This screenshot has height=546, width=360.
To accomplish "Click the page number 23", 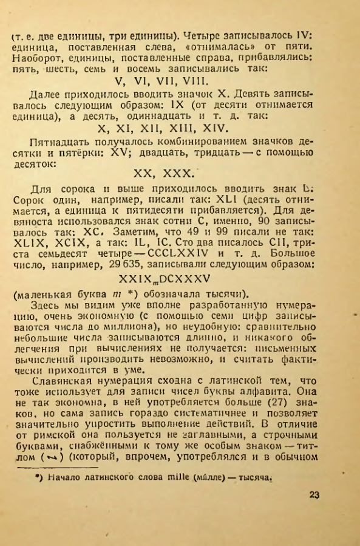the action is pyautogui.click(x=314, y=493).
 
